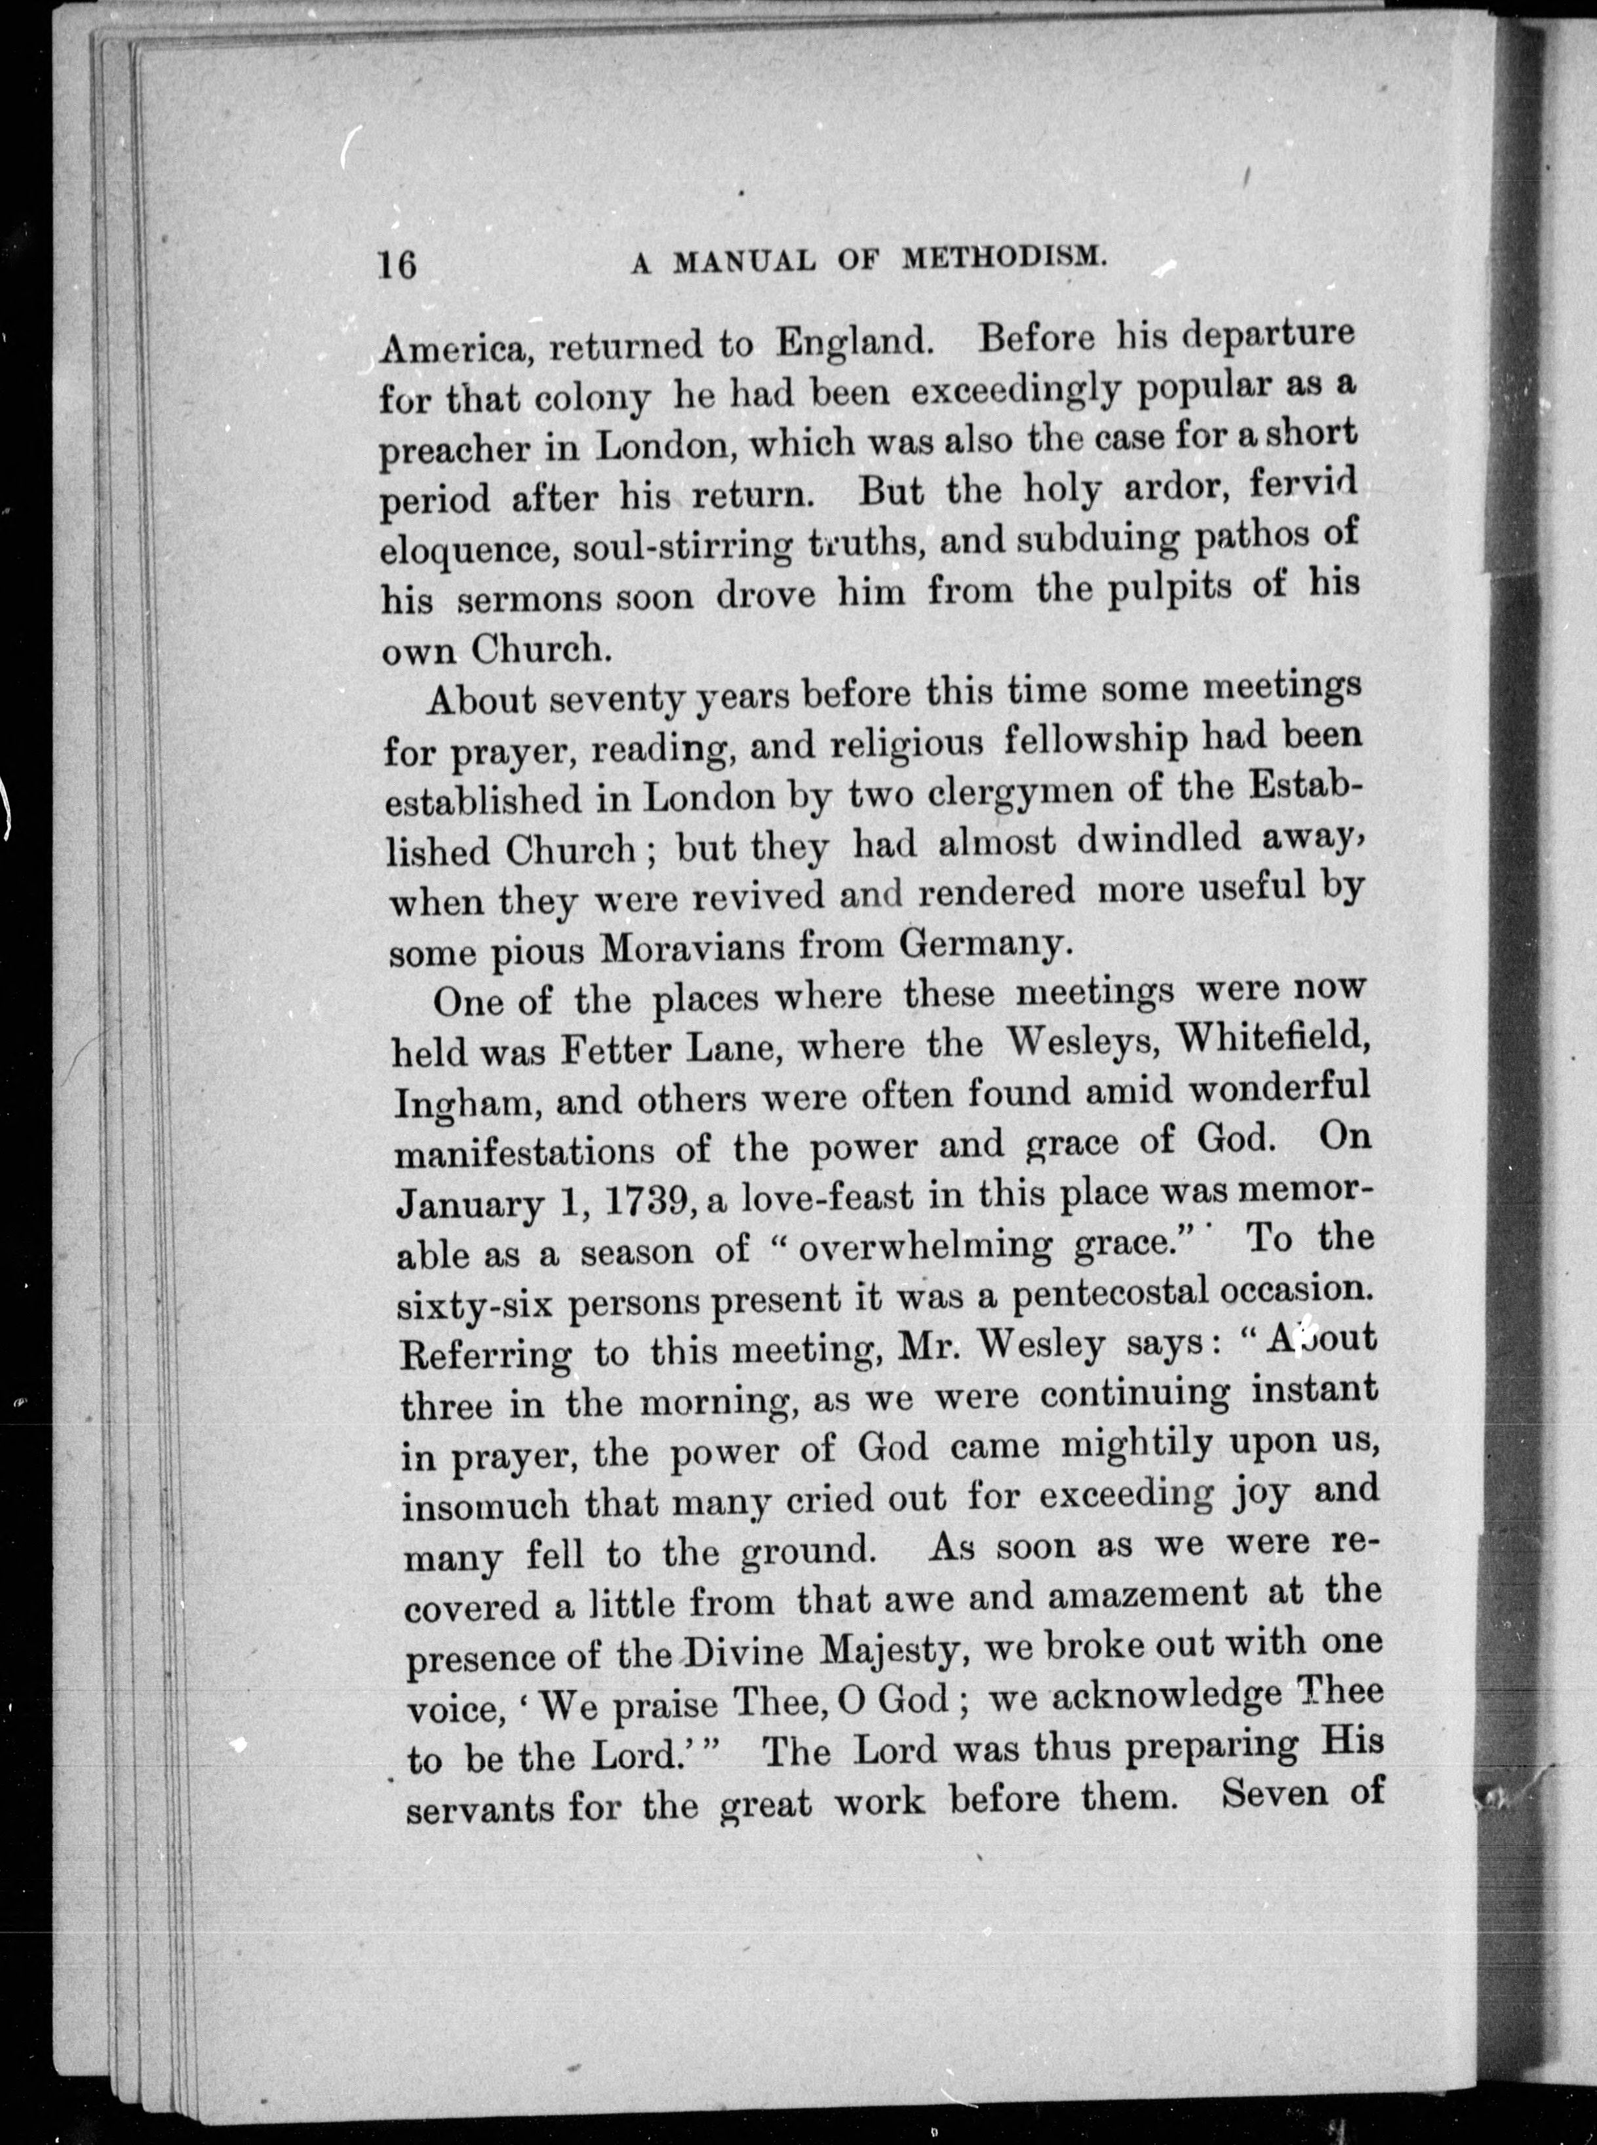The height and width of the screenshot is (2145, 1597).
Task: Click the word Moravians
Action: click(689, 949)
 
